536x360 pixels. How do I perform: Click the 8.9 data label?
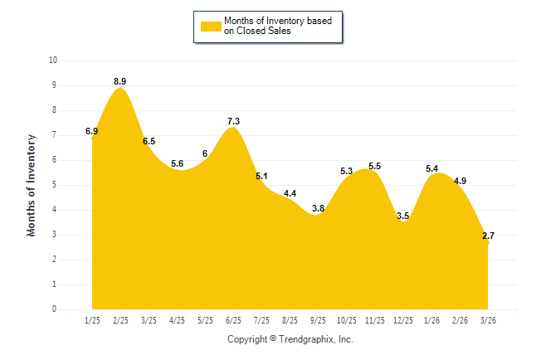click(x=120, y=81)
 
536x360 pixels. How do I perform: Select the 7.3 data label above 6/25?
click(x=233, y=121)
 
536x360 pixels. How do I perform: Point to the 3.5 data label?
click(x=403, y=216)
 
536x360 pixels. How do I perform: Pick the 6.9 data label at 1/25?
click(x=92, y=131)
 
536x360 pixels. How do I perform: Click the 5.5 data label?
click(x=374, y=166)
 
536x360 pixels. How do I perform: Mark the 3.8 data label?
click(x=318, y=208)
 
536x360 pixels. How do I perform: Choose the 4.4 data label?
click(x=290, y=193)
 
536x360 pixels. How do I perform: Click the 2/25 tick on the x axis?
click(x=120, y=319)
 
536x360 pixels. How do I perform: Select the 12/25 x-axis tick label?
click(x=403, y=319)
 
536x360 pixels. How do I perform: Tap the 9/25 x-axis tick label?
click(x=318, y=319)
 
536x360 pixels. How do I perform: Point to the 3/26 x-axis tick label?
click(x=488, y=319)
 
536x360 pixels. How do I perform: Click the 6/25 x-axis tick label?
click(x=233, y=319)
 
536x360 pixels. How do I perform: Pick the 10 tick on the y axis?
click(x=53, y=61)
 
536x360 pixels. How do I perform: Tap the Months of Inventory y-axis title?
click(x=32, y=185)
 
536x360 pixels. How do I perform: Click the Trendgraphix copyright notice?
click(x=290, y=339)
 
